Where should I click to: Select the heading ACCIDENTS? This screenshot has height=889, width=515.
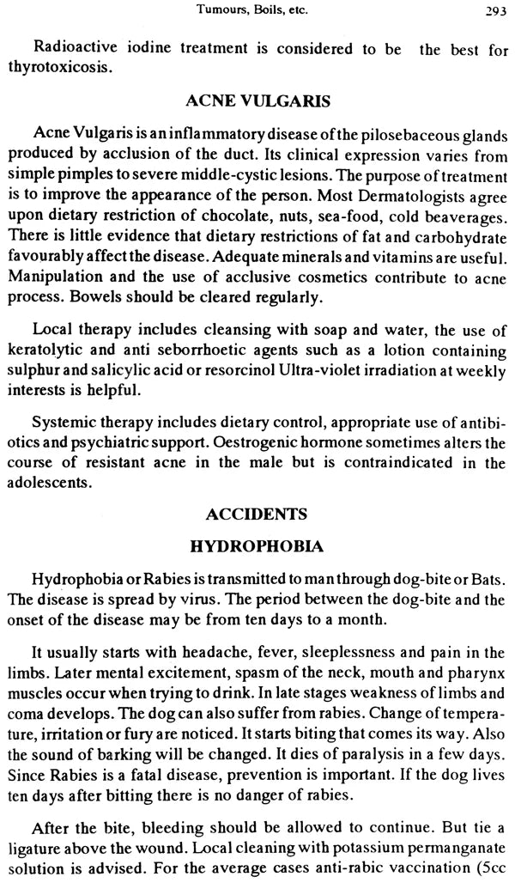257,516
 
